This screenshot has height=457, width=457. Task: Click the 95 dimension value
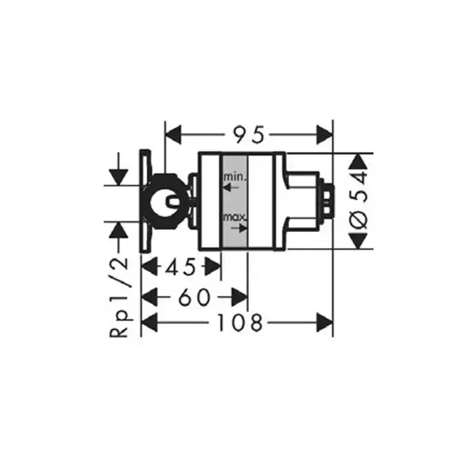[x=249, y=135]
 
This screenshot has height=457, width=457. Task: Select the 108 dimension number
[x=240, y=323]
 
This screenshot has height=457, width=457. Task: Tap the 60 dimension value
[x=194, y=297]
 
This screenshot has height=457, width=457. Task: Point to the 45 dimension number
[x=181, y=267]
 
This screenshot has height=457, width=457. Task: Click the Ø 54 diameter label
[x=359, y=201]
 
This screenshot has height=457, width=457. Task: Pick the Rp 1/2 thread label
[x=119, y=297]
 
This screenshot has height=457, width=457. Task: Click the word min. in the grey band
[x=235, y=176]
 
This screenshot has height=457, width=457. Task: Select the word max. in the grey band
[x=235, y=217]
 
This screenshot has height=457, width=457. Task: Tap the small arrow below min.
[x=231, y=188]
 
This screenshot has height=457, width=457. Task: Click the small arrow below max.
[x=239, y=228]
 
